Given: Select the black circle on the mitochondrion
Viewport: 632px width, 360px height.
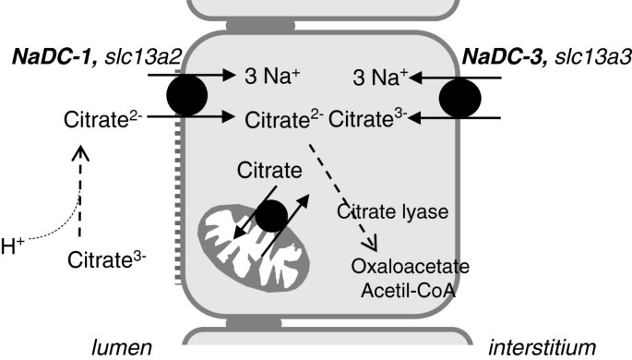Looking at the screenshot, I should click(x=269, y=215).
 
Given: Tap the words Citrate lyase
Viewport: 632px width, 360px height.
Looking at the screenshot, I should click(x=394, y=211).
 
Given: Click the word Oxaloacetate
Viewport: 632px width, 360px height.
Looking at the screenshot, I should click(x=411, y=268).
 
